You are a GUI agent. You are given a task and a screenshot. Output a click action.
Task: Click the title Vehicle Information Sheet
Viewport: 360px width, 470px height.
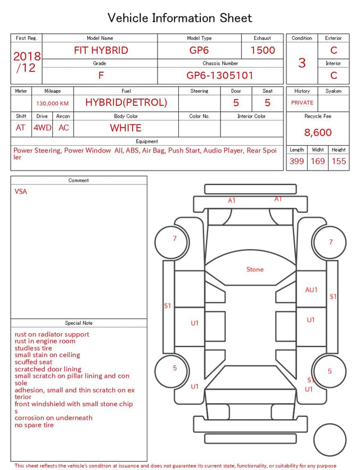click(179, 18)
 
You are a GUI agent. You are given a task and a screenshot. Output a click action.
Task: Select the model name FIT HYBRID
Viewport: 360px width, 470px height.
click(101, 50)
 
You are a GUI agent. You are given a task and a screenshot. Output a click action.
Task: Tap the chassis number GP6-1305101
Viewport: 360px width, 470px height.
click(220, 75)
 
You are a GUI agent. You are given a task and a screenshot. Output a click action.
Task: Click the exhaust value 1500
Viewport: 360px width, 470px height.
click(263, 50)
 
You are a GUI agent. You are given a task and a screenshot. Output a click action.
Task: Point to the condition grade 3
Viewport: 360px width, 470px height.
click(302, 63)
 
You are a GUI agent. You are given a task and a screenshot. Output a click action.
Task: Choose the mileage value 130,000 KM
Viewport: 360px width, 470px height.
click(52, 104)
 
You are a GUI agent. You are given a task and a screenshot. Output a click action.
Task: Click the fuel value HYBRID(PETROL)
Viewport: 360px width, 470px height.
click(126, 102)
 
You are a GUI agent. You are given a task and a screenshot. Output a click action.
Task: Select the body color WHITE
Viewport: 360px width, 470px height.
click(125, 128)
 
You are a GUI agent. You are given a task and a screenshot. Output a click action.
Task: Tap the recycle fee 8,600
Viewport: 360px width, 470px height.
click(318, 132)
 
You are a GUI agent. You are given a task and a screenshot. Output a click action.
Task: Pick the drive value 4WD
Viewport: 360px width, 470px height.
click(42, 128)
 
